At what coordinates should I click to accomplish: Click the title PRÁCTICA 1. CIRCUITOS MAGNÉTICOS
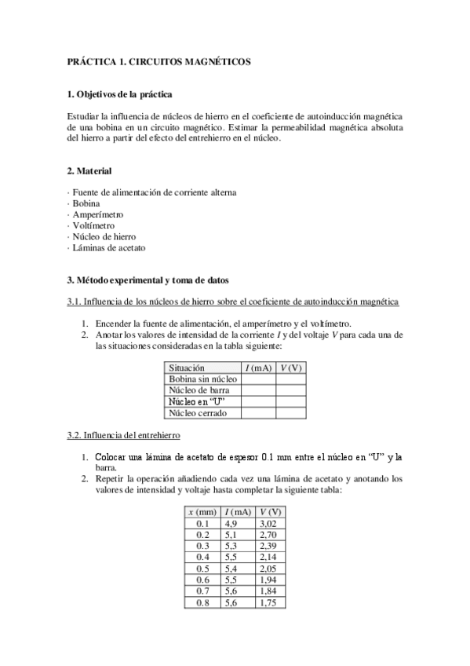coord(159,61)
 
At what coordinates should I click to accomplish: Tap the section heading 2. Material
coord(89,170)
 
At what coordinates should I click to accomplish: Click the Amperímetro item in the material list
coord(98,214)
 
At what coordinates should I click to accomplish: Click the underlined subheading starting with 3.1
coord(232,301)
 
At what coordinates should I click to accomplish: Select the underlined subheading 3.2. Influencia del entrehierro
coord(124,434)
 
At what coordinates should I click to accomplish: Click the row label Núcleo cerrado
coord(195,412)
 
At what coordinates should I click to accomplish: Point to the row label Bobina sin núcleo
coord(202,379)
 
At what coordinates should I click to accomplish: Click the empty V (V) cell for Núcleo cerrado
coord(291,412)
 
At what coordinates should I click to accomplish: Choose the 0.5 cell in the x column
coord(202,568)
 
